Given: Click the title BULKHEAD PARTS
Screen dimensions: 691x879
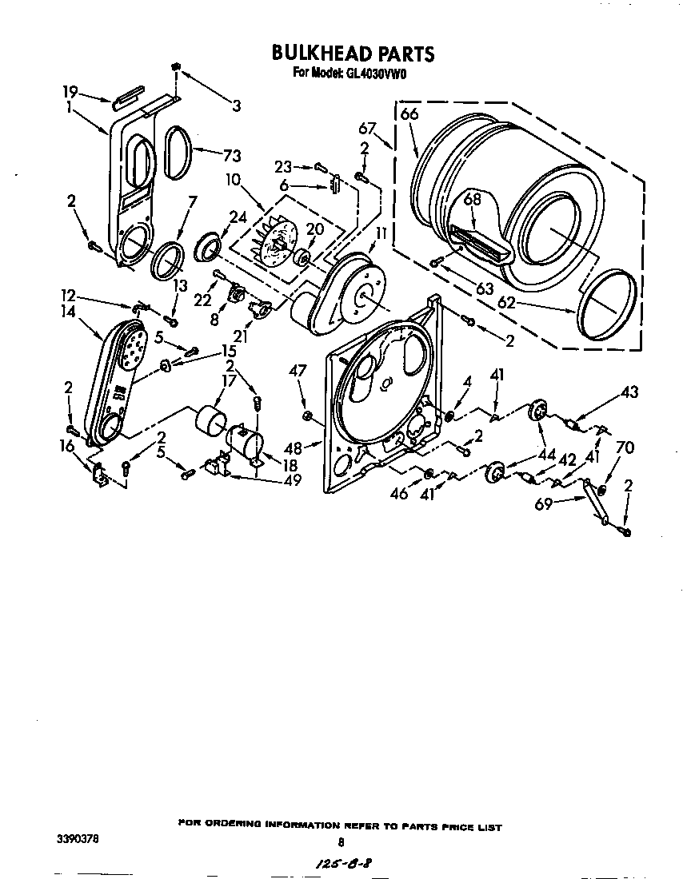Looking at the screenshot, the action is click(x=353, y=54).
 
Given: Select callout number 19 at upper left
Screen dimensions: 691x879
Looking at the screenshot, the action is click(x=70, y=91).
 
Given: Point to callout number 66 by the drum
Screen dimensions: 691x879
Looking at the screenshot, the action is click(x=409, y=113).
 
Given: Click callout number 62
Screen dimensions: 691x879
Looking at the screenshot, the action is click(x=506, y=302).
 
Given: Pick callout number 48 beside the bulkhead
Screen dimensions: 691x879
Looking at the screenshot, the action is click(x=294, y=447).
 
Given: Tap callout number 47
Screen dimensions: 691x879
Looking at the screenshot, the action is click(x=298, y=370).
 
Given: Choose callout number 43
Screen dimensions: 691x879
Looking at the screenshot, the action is click(x=629, y=392).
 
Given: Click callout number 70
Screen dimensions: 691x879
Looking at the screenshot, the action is click(x=625, y=447).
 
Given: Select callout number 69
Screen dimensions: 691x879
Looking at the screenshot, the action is click(x=544, y=504).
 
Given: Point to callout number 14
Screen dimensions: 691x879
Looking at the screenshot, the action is click(x=69, y=312).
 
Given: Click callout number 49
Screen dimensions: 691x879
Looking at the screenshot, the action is click(x=292, y=480).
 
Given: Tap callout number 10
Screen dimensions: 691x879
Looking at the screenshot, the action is click(x=234, y=179).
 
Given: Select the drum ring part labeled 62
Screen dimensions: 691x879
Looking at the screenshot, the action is click(x=607, y=305).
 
